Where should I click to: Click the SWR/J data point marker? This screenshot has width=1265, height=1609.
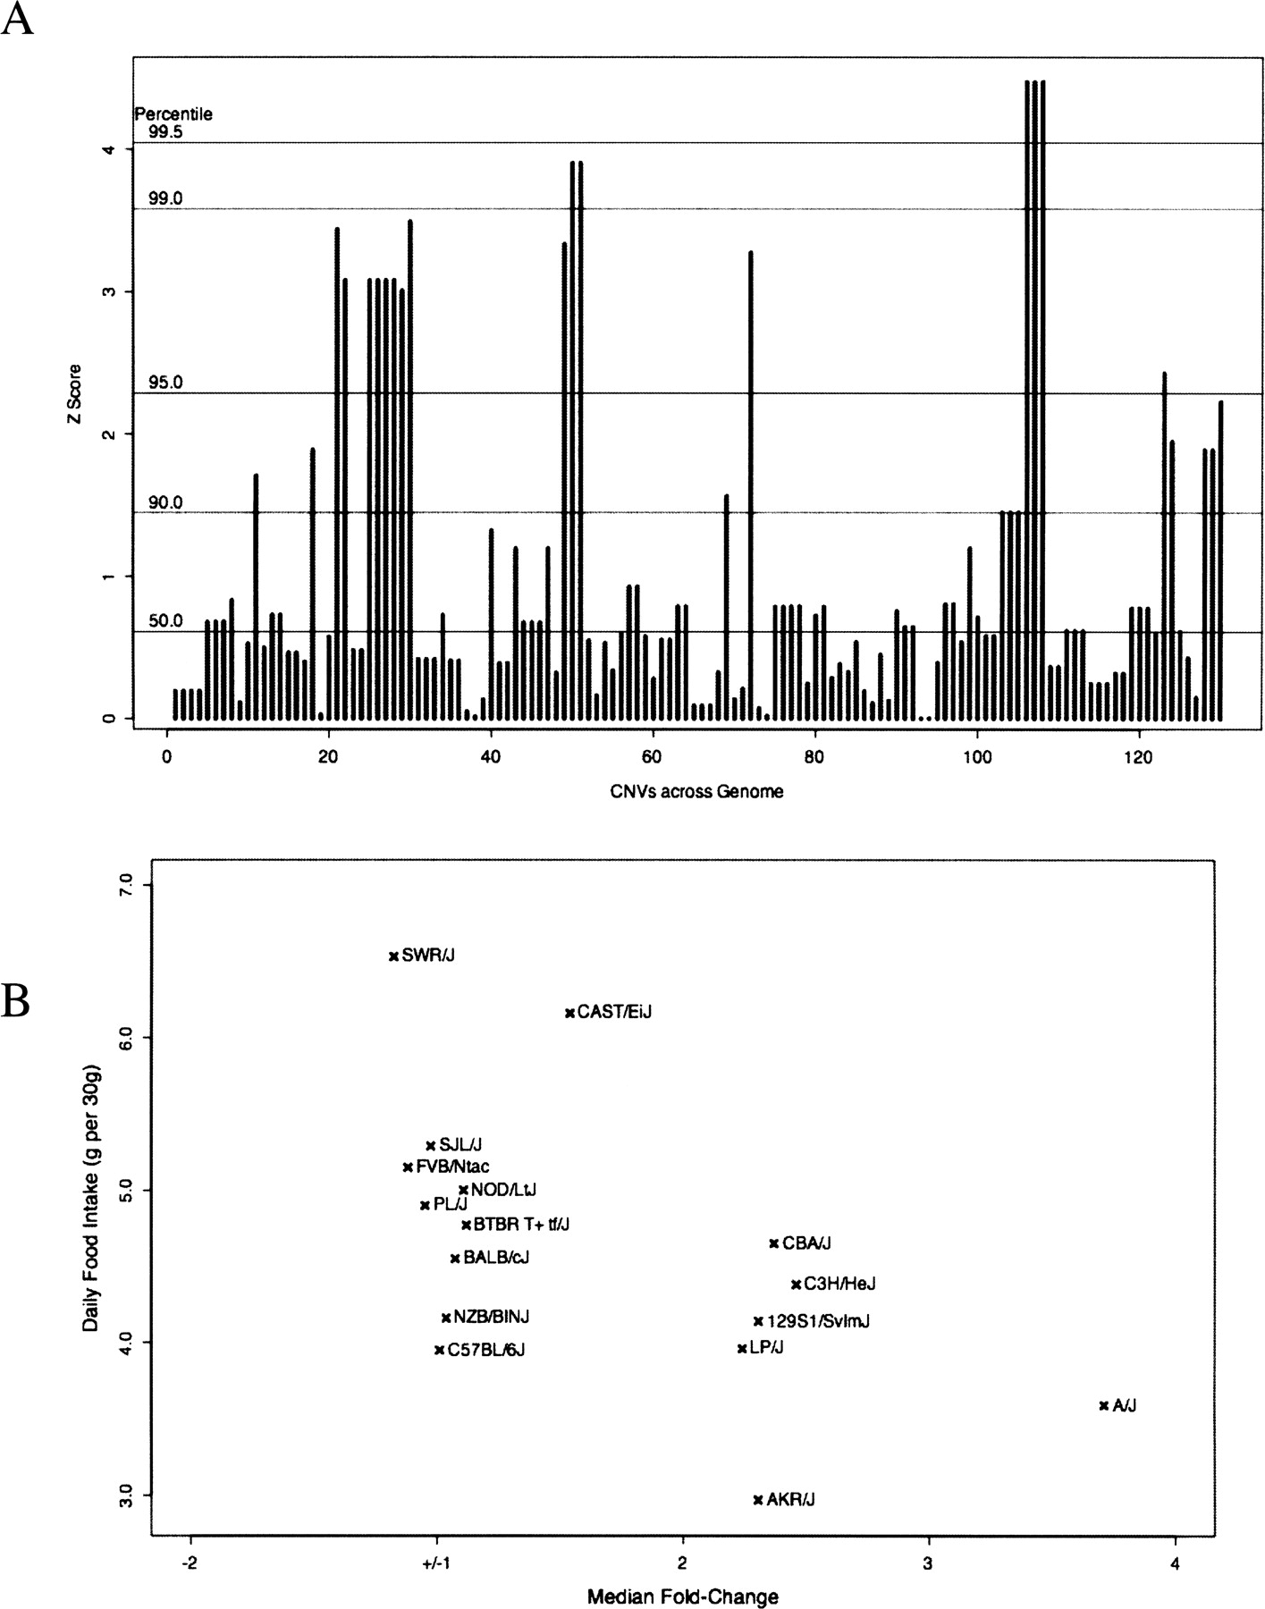[x=393, y=956]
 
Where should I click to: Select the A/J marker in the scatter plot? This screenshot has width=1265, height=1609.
[x=1103, y=1405]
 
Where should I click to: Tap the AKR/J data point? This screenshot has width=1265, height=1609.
[x=758, y=1499]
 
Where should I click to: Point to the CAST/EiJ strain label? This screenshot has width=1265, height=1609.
[x=615, y=1013]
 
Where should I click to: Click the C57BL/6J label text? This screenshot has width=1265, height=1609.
[x=485, y=1350]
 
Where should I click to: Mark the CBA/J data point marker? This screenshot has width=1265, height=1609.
[x=774, y=1243]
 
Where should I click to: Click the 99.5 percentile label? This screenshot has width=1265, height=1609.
[x=165, y=132]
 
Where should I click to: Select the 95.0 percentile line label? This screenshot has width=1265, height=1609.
[x=165, y=383]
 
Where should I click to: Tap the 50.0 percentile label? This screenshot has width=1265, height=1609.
[x=165, y=621]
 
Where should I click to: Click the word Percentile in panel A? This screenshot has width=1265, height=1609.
[x=173, y=114]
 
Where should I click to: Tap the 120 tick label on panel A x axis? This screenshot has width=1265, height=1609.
[x=1138, y=756]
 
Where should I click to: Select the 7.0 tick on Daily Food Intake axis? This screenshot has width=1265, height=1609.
[x=124, y=885]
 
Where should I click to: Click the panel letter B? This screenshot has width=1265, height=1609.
[x=16, y=1002]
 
